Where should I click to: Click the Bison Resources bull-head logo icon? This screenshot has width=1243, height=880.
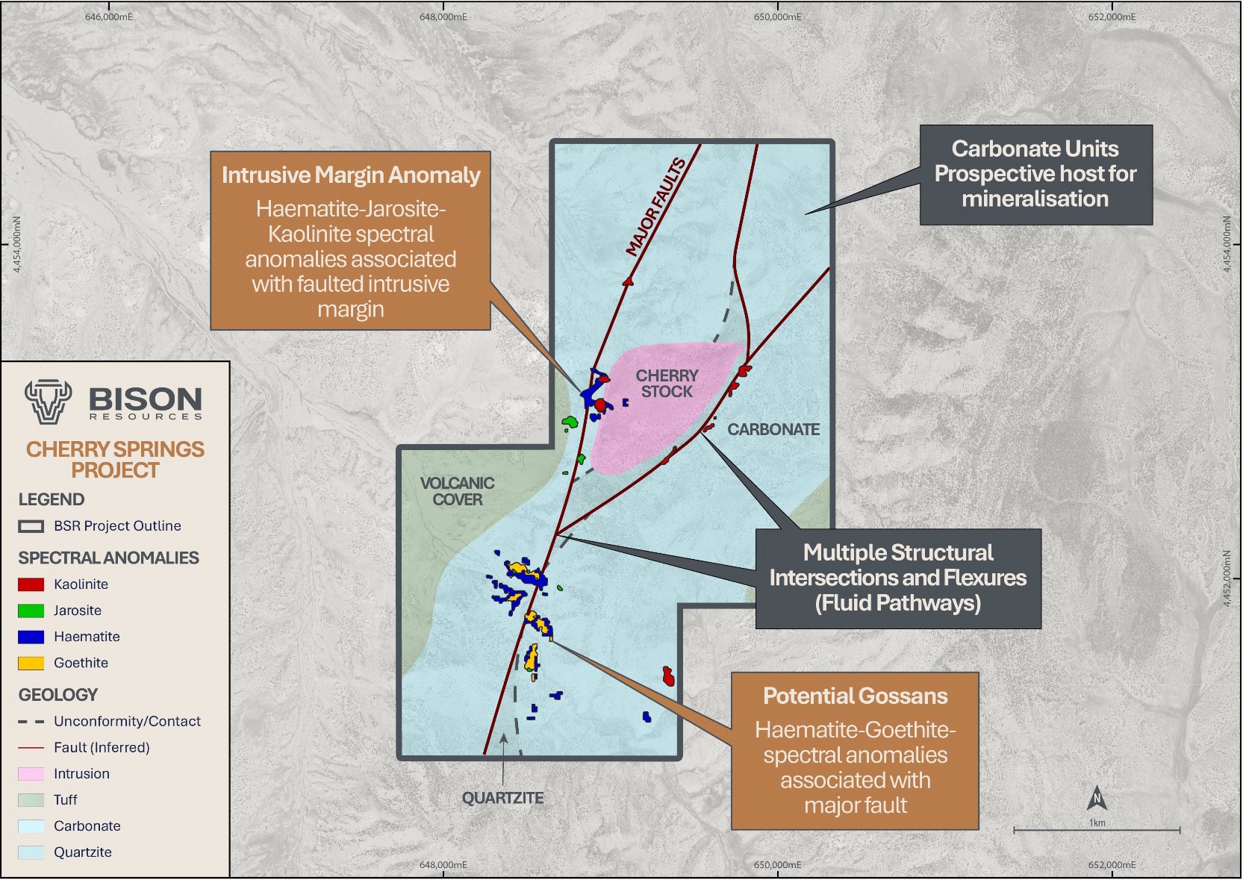(x=48, y=401)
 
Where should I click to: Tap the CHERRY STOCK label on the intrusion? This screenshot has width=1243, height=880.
(x=667, y=384)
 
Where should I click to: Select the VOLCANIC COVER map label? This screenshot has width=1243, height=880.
(x=457, y=491)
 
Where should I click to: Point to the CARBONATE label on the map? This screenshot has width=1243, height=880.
(x=773, y=430)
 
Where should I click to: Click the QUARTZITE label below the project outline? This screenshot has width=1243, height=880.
(x=502, y=798)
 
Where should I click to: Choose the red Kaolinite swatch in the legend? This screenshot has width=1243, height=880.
(x=31, y=584)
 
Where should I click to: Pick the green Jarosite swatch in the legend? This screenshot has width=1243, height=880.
(x=31, y=611)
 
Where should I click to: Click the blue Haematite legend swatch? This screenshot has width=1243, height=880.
(x=31, y=637)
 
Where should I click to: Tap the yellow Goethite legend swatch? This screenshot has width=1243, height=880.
(x=31, y=663)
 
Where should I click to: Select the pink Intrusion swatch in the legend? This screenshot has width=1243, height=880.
(x=31, y=774)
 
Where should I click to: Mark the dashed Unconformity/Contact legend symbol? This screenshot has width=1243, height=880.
(x=31, y=722)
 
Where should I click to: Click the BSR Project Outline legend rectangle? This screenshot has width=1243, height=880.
(x=31, y=526)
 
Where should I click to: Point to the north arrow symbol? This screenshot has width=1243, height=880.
(x=1097, y=799)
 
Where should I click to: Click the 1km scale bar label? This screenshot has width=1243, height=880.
(x=1097, y=823)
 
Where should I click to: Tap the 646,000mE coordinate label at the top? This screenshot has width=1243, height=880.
(x=109, y=16)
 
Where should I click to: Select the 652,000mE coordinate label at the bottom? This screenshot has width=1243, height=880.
(x=1112, y=864)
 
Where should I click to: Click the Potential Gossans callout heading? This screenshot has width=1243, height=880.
(x=855, y=696)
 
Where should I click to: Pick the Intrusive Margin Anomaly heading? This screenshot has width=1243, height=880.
(x=351, y=175)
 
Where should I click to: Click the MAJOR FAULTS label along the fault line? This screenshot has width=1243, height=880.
(x=656, y=207)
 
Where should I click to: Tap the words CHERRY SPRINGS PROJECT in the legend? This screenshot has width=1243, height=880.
(x=115, y=459)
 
